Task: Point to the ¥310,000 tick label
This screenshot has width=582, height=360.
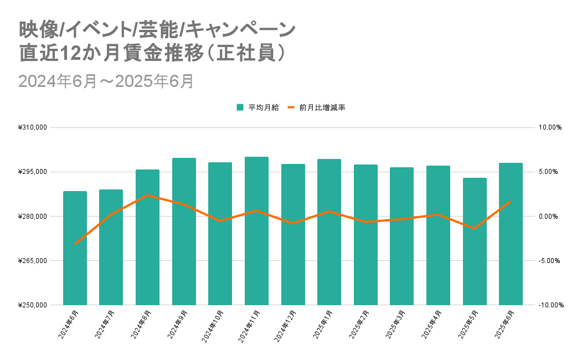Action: point(34,127)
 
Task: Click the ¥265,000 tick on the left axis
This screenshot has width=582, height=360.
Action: point(34,260)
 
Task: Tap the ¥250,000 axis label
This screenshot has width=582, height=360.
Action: point(34,305)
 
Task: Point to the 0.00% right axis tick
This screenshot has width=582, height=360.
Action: point(551,216)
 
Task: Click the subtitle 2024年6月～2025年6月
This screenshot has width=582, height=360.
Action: point(106,81)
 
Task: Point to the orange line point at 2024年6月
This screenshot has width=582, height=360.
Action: point(75,244)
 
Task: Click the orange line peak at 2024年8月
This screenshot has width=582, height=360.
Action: point(147,196)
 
